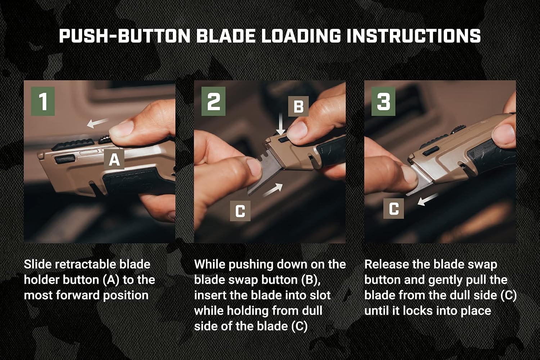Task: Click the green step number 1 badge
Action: point(43,101)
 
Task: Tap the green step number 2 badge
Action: point(213,101)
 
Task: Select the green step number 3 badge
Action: point(383,101)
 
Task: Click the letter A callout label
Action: point(114,159)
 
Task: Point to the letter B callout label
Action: point(298,106)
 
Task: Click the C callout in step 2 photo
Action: point(240,211)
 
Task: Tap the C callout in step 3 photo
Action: point(394,208)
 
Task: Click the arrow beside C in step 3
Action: point(427,199)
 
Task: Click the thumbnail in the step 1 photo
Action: point(121,129)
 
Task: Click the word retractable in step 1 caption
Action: point(86,264)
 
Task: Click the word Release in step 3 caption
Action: point(386,264)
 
